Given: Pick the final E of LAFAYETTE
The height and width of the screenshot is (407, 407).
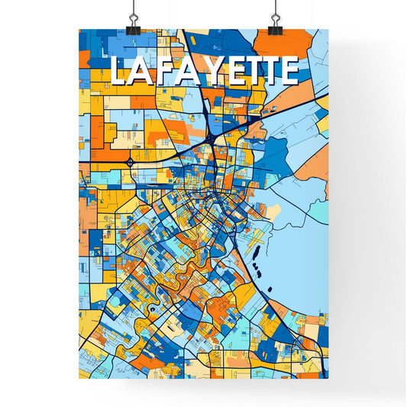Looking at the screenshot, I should tap(288, 71).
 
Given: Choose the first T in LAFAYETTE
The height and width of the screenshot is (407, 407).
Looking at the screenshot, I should tap(249, 71).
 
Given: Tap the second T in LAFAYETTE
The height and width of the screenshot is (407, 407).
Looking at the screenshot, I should tap(268, 71).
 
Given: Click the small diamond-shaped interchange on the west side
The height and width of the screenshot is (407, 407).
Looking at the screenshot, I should tap(131, 162).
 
